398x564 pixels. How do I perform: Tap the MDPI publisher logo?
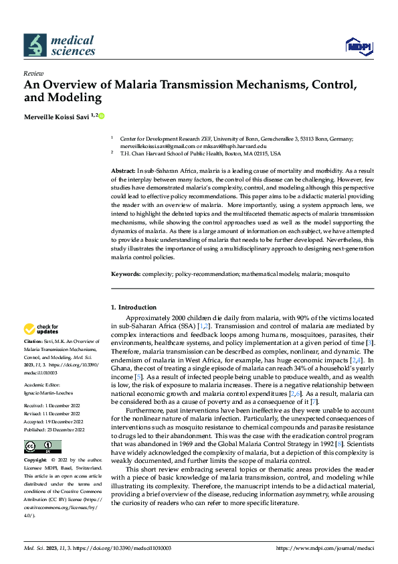(357, 46)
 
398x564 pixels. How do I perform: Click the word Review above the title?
(33, 73)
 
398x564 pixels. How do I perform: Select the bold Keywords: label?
(125, 275)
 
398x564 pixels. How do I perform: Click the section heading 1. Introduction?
(133, 307)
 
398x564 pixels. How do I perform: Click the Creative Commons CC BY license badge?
(42, 446)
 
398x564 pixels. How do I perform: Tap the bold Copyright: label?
(36, 461)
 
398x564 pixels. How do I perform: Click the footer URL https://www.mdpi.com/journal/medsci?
(324, 548)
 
